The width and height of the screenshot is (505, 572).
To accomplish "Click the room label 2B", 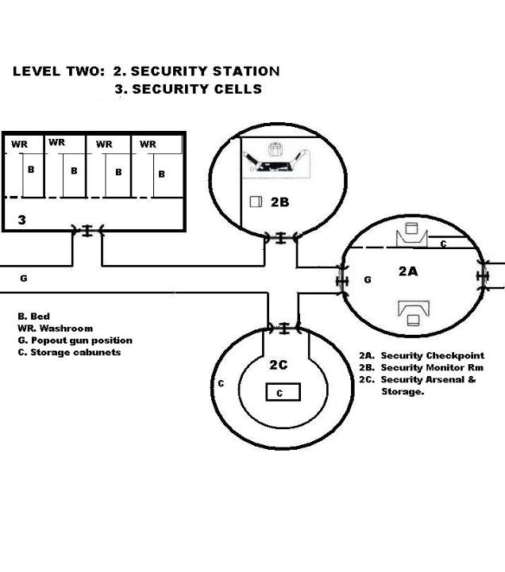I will pyautogui.click(x=279, y=202).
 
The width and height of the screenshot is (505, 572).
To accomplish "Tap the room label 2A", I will pyautogui.click(x=408, y=271).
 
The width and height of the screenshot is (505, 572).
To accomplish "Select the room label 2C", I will pyautogui.click(x=279, y=365).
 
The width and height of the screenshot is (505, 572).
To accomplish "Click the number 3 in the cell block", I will pyautogui.click(x=22, y=220).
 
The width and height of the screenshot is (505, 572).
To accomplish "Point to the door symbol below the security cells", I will pyautogui.click(x=87, y=231).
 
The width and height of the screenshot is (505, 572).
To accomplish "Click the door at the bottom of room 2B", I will pyautogui.click(x=280, y=236).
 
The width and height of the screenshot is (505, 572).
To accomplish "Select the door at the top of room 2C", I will pyautogui.click(x=282, y=328).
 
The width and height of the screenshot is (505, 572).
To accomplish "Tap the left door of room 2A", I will pyautogui.click(x=343, y=282).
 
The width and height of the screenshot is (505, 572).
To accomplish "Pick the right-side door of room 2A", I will pyautogui.click(x=481, y=274).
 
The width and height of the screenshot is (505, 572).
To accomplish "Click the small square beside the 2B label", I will pyautogui.click(x=256, y=202).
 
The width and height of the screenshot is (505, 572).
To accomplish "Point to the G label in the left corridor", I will pyautogui.click(x=23, y=278).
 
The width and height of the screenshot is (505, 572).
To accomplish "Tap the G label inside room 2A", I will pyautogui.click(x=367, y=280).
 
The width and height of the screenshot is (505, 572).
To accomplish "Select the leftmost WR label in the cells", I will pyautogui.click(x=19, y=145).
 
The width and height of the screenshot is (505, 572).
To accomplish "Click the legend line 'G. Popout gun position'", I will pyautogui.click(x=75, y=340).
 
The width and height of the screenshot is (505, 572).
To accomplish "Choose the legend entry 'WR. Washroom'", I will pyautogui.click(x=55, y=328).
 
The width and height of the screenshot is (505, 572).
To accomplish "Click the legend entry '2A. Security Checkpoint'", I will pyautogui.click(x=421, y=356).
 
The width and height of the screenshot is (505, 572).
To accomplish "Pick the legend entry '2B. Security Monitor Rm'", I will pyautogui.click(x=421, y=368).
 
